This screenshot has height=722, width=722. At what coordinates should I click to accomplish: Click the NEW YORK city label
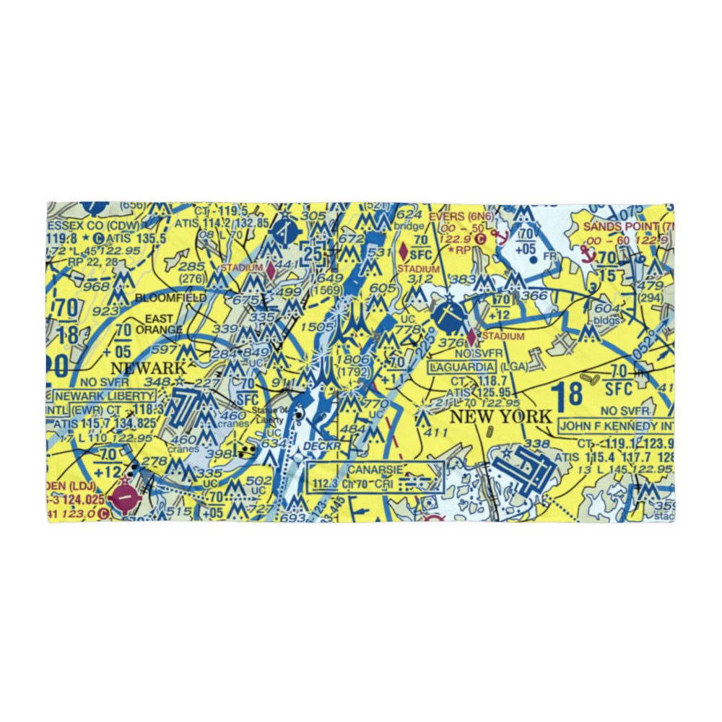(500, 417)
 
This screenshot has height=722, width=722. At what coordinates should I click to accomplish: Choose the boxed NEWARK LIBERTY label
(105, 396)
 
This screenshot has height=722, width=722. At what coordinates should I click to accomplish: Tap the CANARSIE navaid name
(375, 469)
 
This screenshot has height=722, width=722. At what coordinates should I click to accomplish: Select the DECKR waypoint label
(321, 448)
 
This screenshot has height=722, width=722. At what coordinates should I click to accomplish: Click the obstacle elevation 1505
(316, 327)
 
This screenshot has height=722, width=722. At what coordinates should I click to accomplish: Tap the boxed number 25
(313, 254)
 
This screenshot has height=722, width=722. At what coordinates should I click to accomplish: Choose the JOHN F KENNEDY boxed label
(616, 427)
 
